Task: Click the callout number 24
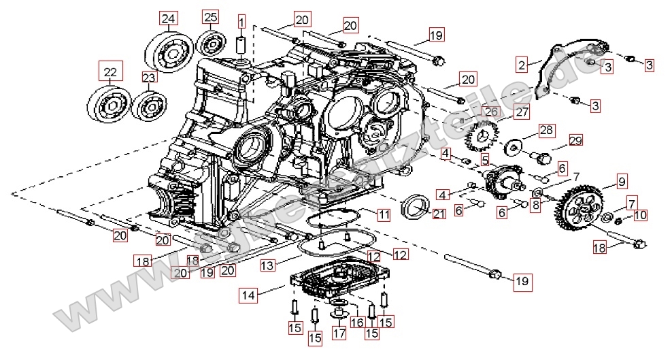click(168, 18)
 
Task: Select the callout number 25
click(211, 16)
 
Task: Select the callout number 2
click(522, 65)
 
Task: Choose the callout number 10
click(641, 216)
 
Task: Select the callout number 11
click(384, 215)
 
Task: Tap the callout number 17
click(339, 333)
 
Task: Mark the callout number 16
click(356, 323)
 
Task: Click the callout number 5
click(486, 160)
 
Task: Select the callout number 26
click(492, 112)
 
